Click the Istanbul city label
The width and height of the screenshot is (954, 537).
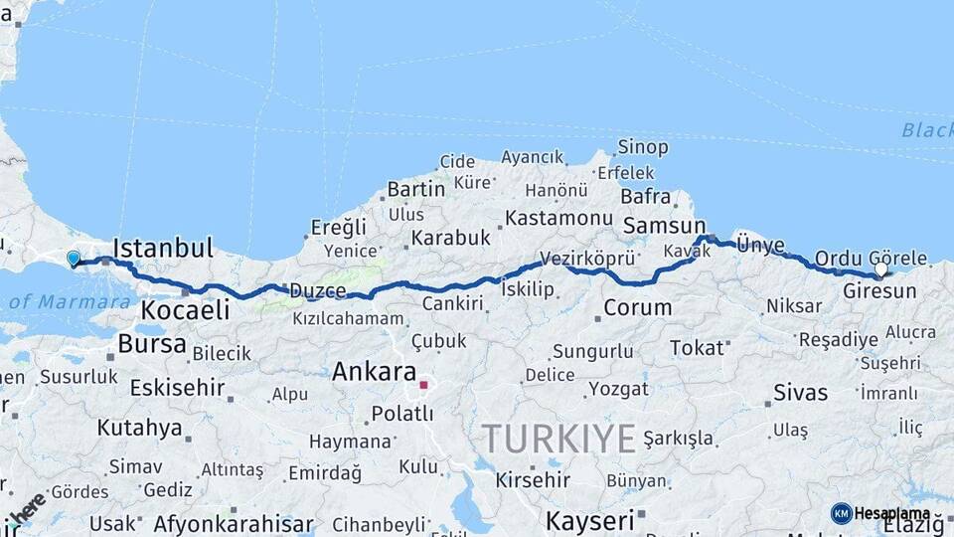pyautogui.click(x=164, y=248)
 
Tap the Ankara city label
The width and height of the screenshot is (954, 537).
pyautogui.click(x=374, y=373)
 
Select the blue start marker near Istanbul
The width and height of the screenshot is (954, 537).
pyautogui.click(x=73, y=260)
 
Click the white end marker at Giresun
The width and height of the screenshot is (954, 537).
pyautogui.click(x=880, y=269)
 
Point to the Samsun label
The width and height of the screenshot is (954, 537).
pyautogui.click(x=664, y=227)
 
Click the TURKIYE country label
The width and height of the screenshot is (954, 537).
pyautogui.click(x=557, y=438)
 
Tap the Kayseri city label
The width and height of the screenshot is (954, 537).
pyautogui.click(x=589, y=520)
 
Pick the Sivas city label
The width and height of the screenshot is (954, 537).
pyautogui.click(x=800, y=392)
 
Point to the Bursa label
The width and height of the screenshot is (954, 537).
pyautogui.click(x=151, y=344)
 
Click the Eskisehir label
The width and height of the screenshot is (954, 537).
pyautogui.click(x=177, y=388)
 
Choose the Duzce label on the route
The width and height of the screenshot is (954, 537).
pyautogui.click(x=317, y=291)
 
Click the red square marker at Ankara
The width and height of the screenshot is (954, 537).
pyautogui.click(x=423, y=384)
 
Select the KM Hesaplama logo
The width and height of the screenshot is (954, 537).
pyautogui.click(x=879, y=513)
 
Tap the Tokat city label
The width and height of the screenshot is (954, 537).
pyautogui.click(x=697, y=347)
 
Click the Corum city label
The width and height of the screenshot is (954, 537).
pyautogui.click(x=637, y=308)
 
